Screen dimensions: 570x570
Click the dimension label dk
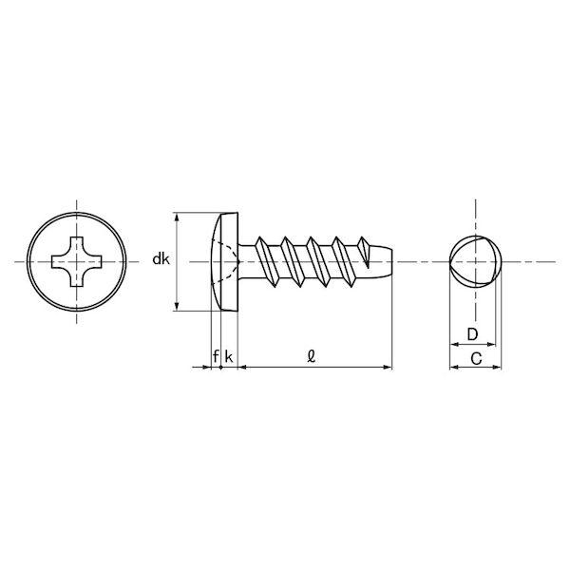[x=161, y=259]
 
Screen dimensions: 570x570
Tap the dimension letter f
[x=216, y=356]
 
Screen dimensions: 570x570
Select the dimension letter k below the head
[x=229, y=356]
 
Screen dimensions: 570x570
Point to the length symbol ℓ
[x=312, y=356]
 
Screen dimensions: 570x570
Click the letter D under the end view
[x=472, y=334]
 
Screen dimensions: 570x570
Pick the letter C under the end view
[x=476, y=358]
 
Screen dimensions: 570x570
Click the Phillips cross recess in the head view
[x=77, y=262]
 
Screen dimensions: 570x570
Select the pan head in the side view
[x=224, y=262]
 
